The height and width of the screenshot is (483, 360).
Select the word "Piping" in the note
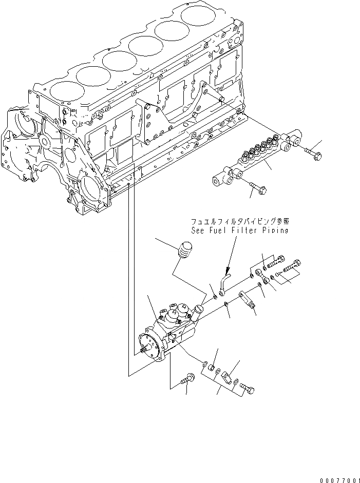[274, 231]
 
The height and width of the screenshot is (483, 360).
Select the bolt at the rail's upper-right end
[313, 153]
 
